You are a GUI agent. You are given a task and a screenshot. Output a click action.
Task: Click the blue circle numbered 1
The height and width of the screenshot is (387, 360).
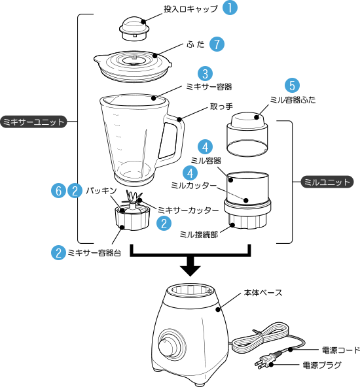(230, 7)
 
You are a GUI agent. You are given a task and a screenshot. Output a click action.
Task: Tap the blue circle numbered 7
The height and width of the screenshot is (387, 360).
(217, 44)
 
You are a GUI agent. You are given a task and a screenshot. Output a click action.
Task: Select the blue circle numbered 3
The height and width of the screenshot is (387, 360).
(205, 74)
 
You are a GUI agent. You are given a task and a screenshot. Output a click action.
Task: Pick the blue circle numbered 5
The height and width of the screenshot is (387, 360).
(292, 86)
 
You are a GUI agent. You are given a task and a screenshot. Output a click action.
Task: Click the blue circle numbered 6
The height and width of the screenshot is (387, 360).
(58, 191)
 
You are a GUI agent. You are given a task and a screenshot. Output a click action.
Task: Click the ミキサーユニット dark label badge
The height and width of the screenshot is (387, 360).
(33, 122)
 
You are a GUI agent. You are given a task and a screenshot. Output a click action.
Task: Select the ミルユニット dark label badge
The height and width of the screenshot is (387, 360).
(327, 182)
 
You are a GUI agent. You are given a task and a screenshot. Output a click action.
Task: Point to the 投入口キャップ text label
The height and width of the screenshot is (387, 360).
(190, 9)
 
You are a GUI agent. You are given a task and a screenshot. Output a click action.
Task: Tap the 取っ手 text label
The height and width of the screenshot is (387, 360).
(221, 107)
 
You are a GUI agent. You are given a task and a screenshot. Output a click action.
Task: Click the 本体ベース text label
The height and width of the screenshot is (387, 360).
(263, 293)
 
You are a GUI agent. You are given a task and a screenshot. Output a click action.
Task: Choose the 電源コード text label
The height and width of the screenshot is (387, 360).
(341, 350)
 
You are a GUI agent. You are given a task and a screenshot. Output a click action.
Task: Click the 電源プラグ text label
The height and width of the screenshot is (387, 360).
(322, 365)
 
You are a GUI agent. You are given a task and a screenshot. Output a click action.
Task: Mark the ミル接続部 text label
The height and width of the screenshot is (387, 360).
(199, 234)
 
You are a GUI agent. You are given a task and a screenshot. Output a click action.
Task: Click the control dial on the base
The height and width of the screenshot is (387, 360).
(166, 346)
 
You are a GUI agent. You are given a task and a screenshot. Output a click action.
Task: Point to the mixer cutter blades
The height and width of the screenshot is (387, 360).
(132, 197)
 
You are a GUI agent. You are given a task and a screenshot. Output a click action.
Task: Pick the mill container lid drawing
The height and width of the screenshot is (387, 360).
(247, 135)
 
